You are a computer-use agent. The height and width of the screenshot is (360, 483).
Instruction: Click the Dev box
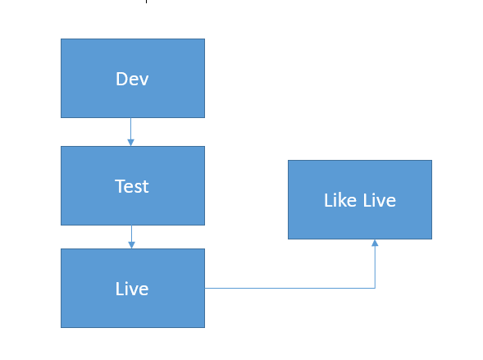(133, 78)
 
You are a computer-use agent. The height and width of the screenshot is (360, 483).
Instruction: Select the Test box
(133, 185)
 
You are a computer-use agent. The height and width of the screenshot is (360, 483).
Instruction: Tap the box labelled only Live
(133, 289)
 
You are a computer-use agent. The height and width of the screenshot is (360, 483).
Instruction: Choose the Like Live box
(360, 199)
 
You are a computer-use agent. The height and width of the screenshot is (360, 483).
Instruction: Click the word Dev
(132, 79)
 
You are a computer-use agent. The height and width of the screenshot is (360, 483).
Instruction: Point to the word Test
(132, 186)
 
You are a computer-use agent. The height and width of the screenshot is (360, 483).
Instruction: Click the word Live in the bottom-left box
(132, 289)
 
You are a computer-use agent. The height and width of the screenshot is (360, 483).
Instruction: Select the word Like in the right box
(340, 200)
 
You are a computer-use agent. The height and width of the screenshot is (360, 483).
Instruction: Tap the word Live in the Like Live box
(379, 200)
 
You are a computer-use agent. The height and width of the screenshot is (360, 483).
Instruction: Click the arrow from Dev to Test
(131, 132)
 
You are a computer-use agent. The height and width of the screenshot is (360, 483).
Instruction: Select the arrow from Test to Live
(131, 237)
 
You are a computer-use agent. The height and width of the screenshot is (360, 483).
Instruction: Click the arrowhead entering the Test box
(131, 143)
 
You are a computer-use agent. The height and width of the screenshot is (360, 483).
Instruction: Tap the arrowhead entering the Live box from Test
(131, 245)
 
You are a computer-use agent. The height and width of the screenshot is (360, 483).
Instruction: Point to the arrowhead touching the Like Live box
(375, 243)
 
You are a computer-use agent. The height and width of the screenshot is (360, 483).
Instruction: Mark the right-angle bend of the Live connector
(375, 288)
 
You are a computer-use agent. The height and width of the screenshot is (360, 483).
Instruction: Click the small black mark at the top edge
(146, 2)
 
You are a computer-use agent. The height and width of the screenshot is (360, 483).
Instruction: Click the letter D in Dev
(121, 79)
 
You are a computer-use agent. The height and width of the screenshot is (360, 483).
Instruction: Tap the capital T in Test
(120, 186)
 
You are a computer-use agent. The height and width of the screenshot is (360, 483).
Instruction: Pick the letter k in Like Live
(344, 200)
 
